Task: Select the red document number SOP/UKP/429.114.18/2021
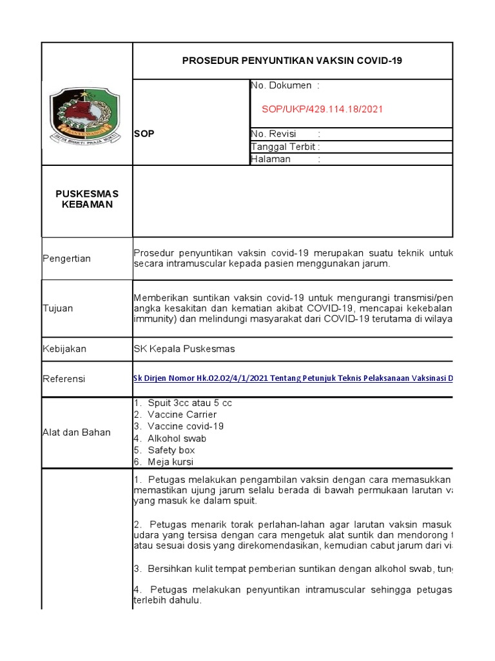(322, 109)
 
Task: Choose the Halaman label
(271, 159)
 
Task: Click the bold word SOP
(144, 134)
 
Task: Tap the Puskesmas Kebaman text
(87, 199)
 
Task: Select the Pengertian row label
(66, 258)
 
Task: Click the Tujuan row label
(57, 308)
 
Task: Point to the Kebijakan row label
(64, 349)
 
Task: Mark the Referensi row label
(63, 379)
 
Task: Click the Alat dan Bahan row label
(76, 432)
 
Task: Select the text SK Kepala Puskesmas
(184, 349)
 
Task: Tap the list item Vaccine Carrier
(175, 414)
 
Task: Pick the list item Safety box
(164, 450)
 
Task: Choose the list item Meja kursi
(164, 462)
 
